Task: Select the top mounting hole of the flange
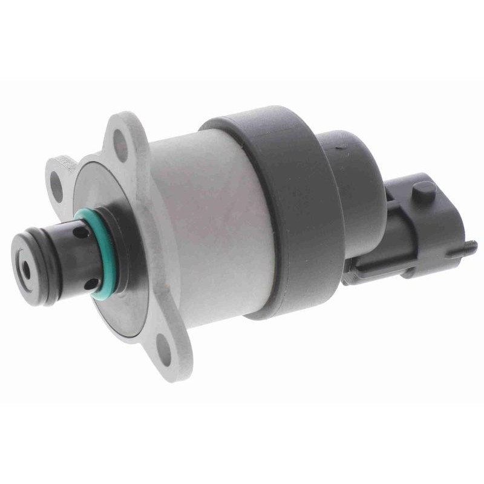pos(120,145)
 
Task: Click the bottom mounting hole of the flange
pos(165,346)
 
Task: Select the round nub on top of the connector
pos(423,191)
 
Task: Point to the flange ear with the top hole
pos(124,136)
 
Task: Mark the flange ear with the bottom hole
pos(166,348)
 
